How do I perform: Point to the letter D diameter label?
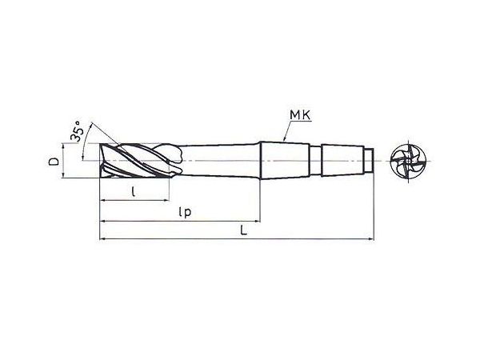click(x=54, y=162)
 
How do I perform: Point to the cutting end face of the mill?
click(x=100, y=161)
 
